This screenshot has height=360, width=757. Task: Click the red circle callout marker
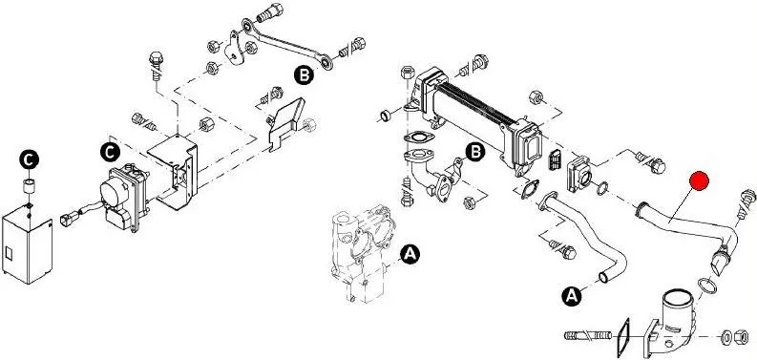699,181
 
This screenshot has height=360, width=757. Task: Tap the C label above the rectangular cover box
29,159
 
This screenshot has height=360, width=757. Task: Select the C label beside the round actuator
110,152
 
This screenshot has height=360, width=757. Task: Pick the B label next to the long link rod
304,74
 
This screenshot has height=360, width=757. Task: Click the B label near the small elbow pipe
475,152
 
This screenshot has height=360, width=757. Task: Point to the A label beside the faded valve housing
410,254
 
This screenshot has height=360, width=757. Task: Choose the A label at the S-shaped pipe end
572,296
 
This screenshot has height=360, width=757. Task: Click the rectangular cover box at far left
27,244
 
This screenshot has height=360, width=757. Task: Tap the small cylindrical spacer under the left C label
30,185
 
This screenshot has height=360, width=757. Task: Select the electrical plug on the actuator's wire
67,219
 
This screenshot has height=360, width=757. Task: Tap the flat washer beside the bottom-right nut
726,337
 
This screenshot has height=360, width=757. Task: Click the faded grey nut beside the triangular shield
310,125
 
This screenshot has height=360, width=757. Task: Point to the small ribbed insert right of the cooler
555,159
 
